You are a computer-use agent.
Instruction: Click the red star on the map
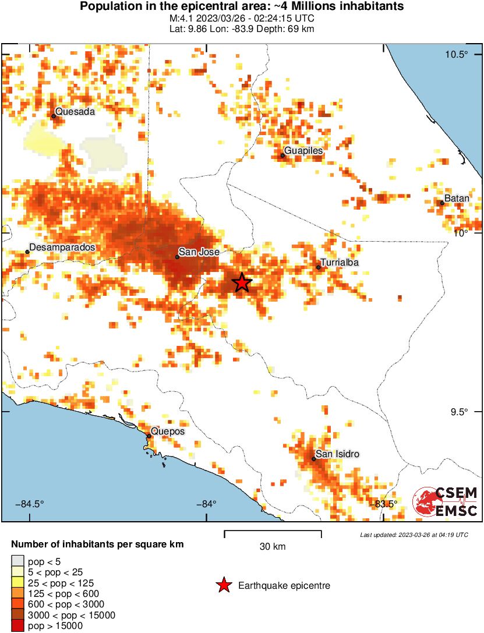pyautogui.click(x=242, y=282)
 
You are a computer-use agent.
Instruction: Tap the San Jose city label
pyautogui.click(x=199, y=252)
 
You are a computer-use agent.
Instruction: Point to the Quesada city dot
pyautogui.click(x=54, y=116)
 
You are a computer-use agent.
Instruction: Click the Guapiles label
pyautogui.click(x=303, y=151)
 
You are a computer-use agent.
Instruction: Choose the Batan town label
pyautogui.click(x=457, y=199)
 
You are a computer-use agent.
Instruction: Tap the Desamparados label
pyautogui.click(x=62, y=247)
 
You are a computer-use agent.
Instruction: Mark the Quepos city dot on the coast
pyautogui.click(x=149, y=436)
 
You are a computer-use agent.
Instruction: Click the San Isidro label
pyautogui.click(x=337, y=454)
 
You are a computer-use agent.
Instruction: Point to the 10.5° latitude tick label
pyautogui.click(x=457, y=55)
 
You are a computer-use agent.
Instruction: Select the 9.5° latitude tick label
pyautogui.click(x=460, y=412)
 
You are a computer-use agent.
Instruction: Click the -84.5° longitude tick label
pyautogui.click(x=27, y=504)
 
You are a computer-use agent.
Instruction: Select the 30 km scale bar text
pyautogui.click(x=273, y=546)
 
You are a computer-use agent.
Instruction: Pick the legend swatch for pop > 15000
pyautogui.click(x=18, y=626)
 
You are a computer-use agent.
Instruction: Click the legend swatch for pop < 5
pyautogui.click(x=18, y=562)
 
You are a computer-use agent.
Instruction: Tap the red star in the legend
pyautogui.click(x=223, y=585)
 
